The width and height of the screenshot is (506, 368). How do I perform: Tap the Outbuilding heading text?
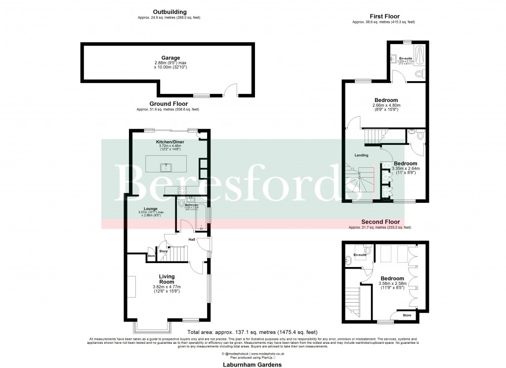tap(169, 11)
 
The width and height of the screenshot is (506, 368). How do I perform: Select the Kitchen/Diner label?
tap(169, 142)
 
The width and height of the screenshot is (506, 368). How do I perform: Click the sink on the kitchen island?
tap(167, 166)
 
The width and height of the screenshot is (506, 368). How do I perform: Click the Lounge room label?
tap(151, 209)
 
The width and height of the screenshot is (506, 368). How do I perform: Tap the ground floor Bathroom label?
tap(192, 205)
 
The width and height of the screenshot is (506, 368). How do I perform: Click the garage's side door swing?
tap(228, 90)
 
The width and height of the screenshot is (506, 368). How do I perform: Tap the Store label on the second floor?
tap(407, 315)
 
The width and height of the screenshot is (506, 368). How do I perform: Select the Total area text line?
tap(252, 332)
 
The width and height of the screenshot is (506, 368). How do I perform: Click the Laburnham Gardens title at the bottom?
tap(252, 364)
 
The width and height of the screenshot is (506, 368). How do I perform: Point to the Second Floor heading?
tap(379, 222)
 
